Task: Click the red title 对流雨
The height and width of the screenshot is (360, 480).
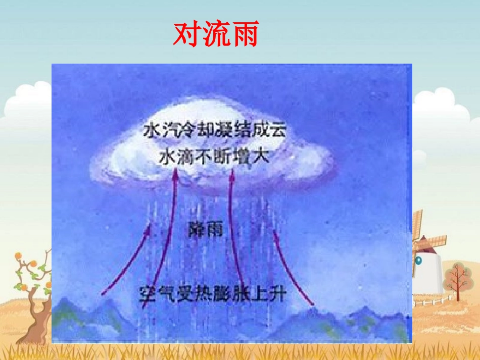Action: [x=216, y=34]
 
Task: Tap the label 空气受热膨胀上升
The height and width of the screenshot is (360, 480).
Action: [x=212, y=294]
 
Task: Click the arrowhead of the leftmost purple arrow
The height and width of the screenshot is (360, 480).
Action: [x=149, y=229]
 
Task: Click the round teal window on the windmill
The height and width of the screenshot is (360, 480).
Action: [x=418, y=260]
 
